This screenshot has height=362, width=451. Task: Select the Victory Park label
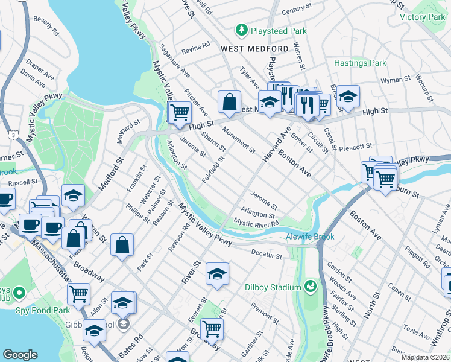(421, 17)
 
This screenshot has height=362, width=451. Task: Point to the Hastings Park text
(361, 63)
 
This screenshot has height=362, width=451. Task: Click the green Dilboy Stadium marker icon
(311, 285)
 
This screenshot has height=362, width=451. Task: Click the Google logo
(20, 355)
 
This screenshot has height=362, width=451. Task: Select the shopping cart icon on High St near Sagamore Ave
(180, 112)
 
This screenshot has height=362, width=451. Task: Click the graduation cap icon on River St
(217, 274)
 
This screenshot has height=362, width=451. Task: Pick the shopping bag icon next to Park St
(122, 245)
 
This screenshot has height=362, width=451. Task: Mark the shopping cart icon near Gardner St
(212, 329)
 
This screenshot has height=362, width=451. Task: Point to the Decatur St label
(266, 256)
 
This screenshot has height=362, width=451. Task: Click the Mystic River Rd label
(257, 223)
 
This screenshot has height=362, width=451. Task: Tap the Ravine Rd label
(197, 45)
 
